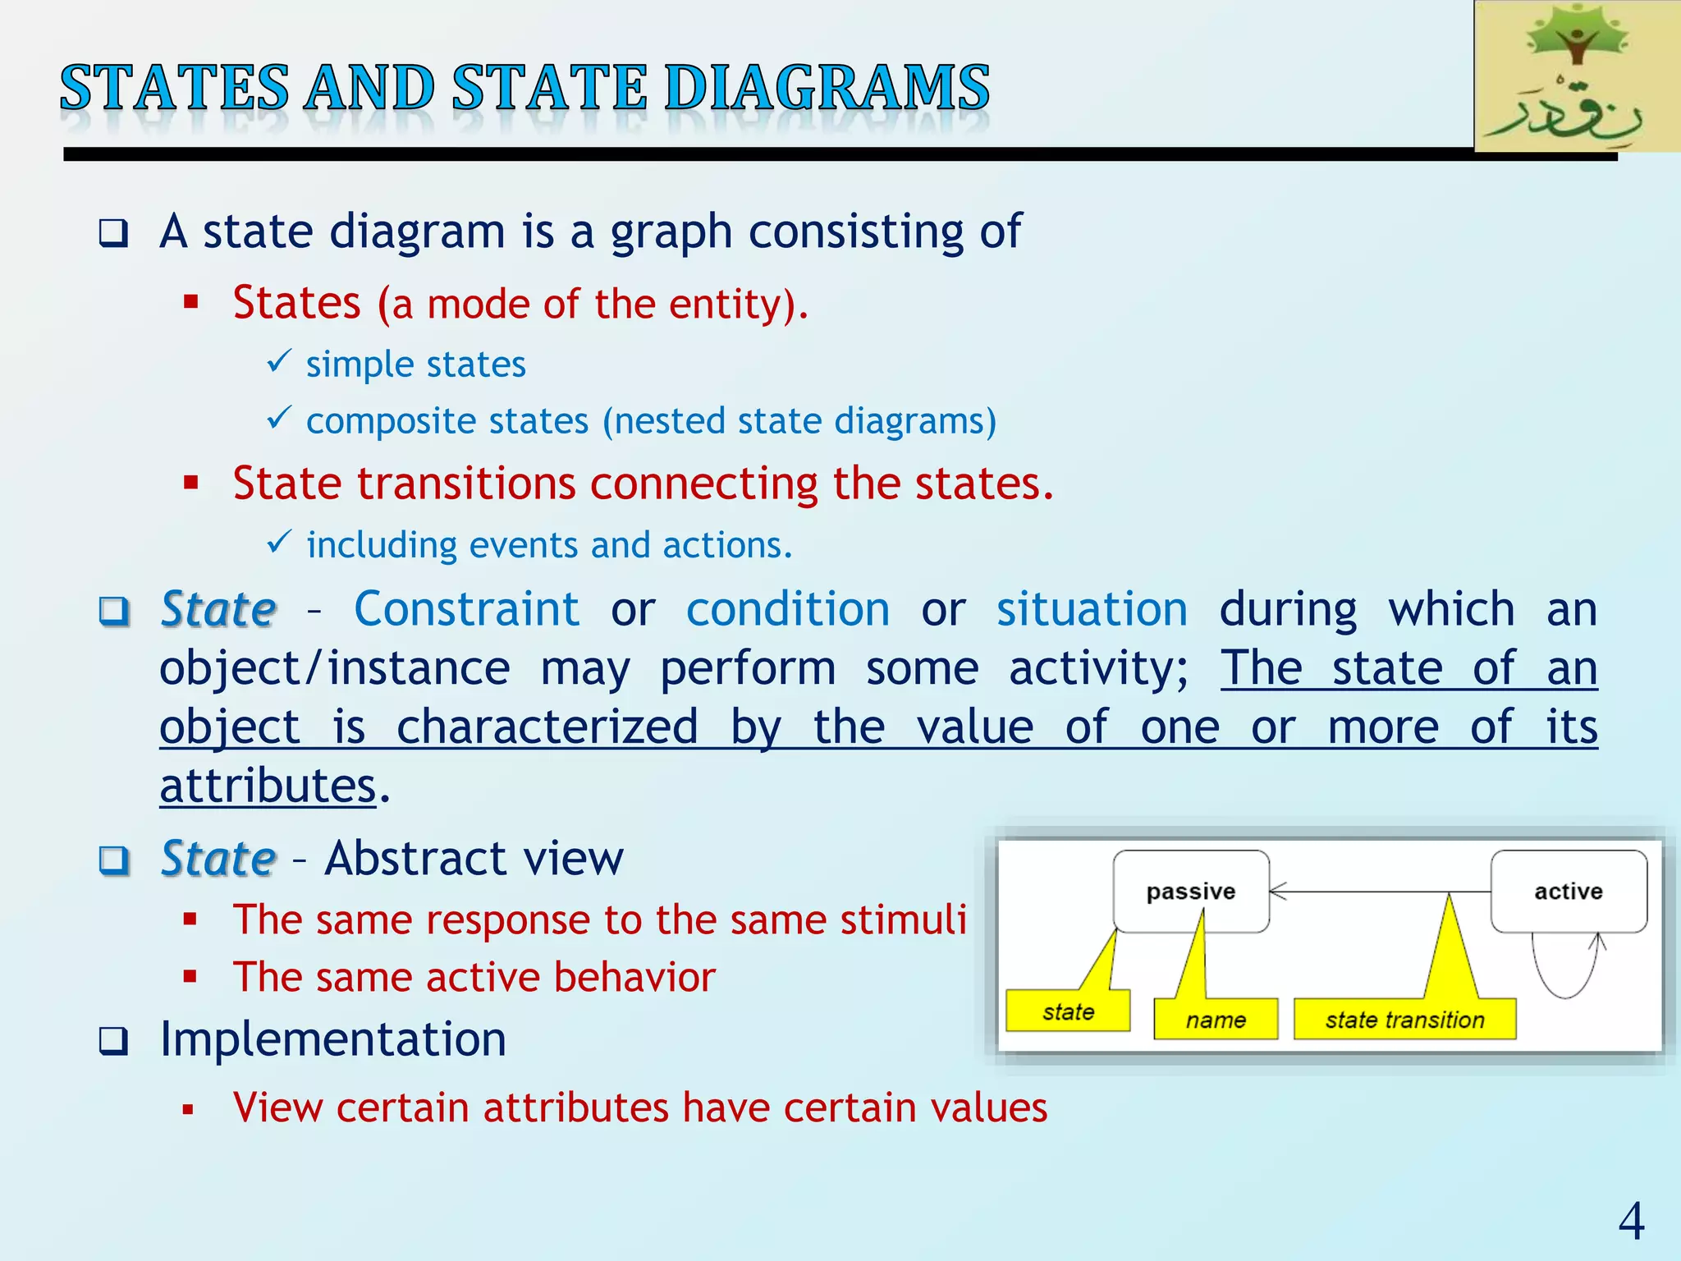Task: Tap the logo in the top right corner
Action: tap(1577, 77)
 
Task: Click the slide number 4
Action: tap(1631, 1221)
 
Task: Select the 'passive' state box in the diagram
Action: tap(1190, 892)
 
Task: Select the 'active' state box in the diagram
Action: tap(1569, 892)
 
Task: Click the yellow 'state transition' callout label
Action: tap(1404, 1020)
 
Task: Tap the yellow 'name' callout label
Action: tap(1216, 1020)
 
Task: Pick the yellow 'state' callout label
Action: tap(1068, 1011)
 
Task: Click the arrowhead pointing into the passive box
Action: tap(1277, 891)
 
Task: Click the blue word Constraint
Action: tap(466, 609)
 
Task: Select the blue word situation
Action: tap(1092, 609)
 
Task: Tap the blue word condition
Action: tap(788, 609)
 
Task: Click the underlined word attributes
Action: tap(268, 786)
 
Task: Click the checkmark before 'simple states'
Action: tap(279, 360)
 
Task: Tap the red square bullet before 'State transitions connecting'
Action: tap(191, 483)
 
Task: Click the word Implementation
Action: tap(332, 1039)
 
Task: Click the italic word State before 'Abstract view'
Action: tap(218, 859)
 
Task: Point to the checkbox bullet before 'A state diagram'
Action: tap(114, 233)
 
